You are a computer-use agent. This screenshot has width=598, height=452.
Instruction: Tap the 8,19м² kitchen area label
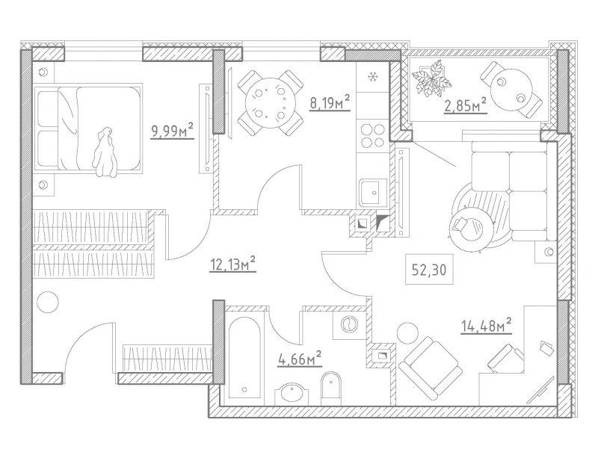tap(330, 103)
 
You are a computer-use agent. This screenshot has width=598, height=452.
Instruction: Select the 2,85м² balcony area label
tap(465, 105)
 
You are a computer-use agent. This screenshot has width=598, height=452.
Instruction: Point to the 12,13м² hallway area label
tap(232, 264)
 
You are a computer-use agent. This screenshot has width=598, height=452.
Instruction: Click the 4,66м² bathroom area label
tap(300, 359)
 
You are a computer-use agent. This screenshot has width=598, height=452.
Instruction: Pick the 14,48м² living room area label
tap(487, 326)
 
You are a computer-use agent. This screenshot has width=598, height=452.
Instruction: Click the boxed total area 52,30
tap(429, 270)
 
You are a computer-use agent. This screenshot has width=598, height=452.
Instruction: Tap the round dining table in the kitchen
tap(271, 103)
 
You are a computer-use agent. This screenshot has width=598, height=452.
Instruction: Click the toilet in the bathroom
tap(331, 388)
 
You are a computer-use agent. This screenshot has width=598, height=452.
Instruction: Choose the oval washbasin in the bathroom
tap(293, 394)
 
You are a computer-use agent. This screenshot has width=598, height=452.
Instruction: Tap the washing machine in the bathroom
tap(348, 325)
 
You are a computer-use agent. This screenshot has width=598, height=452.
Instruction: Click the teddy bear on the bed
tap(105, 152)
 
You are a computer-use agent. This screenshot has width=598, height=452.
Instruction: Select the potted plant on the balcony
tap(431, 78)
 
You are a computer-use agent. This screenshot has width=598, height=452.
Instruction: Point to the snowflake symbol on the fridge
tap(372, 77)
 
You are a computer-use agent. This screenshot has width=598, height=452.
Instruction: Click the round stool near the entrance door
tap(48, 303)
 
